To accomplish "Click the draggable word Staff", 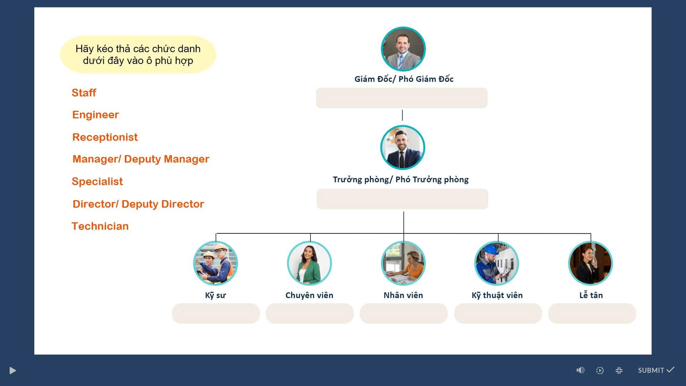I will (84, 93).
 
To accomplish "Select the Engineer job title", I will (95, 115).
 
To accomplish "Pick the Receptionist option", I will (105, 137).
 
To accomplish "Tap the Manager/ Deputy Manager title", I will (141, 159).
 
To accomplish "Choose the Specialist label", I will (97, 182).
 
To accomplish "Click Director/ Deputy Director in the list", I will (138, 204).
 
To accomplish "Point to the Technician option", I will (100, 226).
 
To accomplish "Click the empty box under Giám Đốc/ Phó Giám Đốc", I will (402, 98).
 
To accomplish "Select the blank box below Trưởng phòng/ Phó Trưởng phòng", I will (402, 199).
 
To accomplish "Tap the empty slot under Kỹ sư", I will (216, 313).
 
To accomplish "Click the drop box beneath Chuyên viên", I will (310, 313).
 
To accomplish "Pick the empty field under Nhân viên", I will (404, 313).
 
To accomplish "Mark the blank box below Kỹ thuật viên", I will (498, 313).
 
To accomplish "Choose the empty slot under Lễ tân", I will (592, 313).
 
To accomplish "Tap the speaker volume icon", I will (580, 370).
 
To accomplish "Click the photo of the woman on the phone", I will (591, 263).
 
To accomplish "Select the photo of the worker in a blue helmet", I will (497, 263).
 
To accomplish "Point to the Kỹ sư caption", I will (215, 295).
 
